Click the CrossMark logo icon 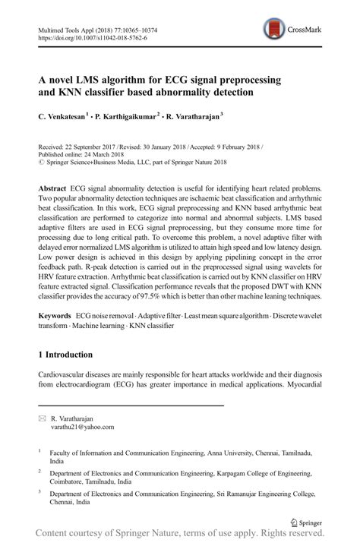tap(272, 30)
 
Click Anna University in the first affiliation tap(227, 451)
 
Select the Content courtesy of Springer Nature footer tap(180, 536)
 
